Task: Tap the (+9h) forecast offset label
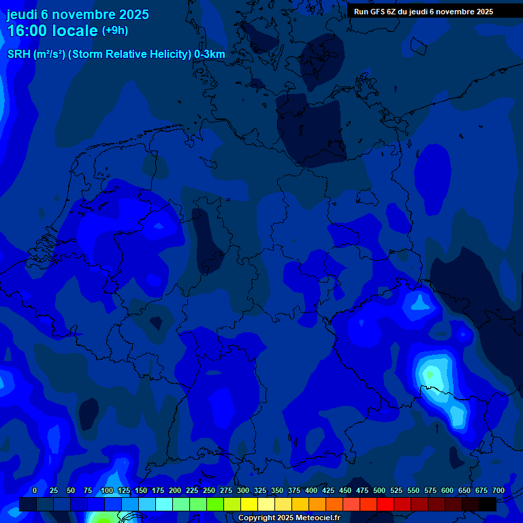(x=114, y=31)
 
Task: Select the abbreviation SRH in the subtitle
(x=18, y=54)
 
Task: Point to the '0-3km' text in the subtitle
(x=209, y=54)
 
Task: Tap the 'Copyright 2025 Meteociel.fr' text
(x=289, y=518)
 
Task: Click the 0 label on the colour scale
(x=35, y=490)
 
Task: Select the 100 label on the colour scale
(x=107, y=490)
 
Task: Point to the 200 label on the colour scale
(x=175, y=490)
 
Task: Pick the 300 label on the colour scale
(x=243, y=490)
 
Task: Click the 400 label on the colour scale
(x=311, y=490)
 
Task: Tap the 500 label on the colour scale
(x=379, y=490)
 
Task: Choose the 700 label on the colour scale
(x=498, y=490)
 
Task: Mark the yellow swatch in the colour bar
(x=249, y=504)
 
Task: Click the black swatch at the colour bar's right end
(x=488, y=504)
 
